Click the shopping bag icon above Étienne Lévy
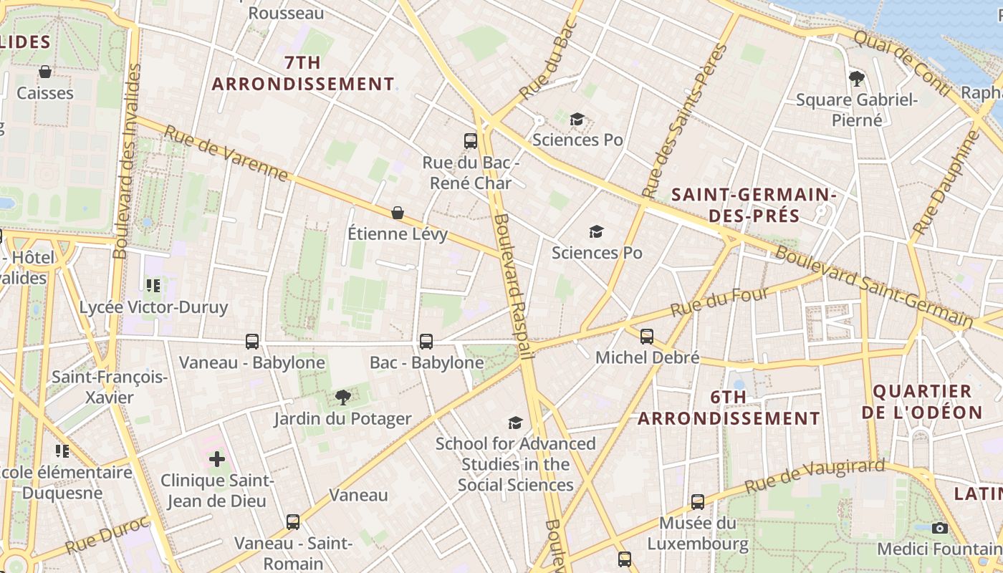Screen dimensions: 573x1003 point(398,213)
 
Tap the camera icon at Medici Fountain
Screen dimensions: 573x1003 point(940,528)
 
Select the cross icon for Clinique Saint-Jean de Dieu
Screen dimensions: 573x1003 point(217,458)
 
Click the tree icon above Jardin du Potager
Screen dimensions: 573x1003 point(343,397)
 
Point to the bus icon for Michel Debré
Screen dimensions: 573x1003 point(647,336)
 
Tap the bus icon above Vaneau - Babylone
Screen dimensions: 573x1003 point(252,342)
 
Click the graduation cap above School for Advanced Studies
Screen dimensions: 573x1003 point(515,423)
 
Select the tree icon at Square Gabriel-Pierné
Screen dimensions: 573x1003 point(856,78)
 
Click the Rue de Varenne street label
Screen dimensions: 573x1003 point(226,153)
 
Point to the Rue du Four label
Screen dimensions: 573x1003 point(720,302)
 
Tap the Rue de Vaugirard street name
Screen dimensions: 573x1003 point(815,476)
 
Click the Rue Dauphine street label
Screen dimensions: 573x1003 point(945,184)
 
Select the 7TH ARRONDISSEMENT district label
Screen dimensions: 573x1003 point(303,73)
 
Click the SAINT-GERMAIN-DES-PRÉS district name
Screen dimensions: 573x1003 point(754,204)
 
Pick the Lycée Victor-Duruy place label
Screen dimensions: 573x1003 point(153,307)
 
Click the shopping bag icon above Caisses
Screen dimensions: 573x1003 point(45,72)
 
